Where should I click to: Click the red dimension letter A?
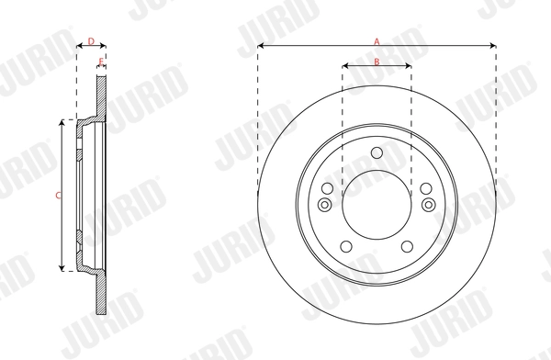click(377, 39)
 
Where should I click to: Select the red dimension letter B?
click(377, 61)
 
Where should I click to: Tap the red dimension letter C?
click(58, 195)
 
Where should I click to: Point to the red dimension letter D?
click(90, 39)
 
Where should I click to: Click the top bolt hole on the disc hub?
click(377, 153)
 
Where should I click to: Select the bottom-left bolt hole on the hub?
click(344, 245)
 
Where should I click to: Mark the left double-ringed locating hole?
click(325, 205)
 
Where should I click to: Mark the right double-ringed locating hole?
click(428, 205)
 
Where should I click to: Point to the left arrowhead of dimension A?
click(261, 45)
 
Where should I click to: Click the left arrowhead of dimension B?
click(345, 66)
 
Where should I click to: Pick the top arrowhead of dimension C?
click(62, 122)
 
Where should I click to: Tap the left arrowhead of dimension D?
click(78, 45)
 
